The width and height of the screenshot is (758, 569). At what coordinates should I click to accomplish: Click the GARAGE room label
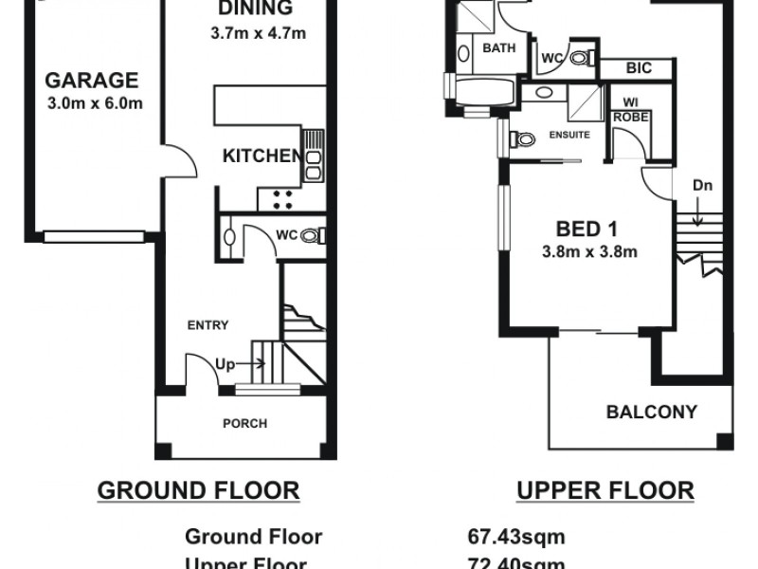(92, 81)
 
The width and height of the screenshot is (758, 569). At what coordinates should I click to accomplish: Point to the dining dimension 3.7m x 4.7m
(260, 34)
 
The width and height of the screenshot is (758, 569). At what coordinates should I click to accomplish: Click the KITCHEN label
(262, 156)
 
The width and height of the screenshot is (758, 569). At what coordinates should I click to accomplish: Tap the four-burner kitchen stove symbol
(281, 196)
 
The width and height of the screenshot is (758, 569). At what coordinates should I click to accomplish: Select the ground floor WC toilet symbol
(312, 235)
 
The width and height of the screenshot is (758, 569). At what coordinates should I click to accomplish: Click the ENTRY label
(208, 325)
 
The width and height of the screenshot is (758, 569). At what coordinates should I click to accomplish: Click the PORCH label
(244, 423)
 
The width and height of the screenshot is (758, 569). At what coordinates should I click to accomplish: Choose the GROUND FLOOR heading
(199, 490)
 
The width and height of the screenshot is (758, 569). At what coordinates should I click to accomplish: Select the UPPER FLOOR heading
(605, 490)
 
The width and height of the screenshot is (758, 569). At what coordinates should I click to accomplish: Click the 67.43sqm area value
(516, 538)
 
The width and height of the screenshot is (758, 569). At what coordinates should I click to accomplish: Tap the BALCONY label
(652, 413)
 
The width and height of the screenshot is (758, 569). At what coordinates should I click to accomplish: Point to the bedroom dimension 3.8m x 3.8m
(587, 251)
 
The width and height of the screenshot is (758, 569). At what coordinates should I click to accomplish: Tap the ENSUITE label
(570, 135)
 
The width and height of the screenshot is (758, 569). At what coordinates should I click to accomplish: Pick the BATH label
(498, 49)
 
